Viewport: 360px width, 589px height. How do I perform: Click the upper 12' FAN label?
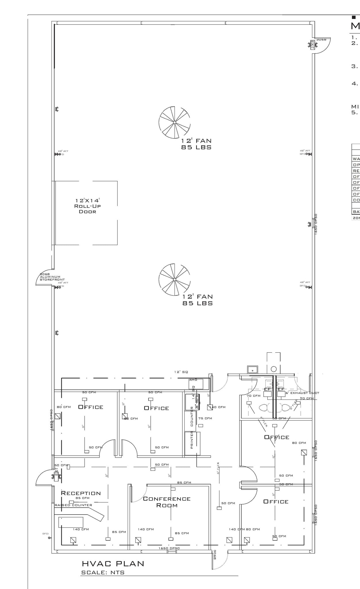click(x=196, y=141)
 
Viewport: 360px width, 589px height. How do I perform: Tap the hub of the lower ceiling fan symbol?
click(x=175, y=280)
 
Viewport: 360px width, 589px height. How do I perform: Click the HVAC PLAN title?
click(x=113, y=564)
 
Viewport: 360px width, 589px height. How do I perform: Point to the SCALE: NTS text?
click(x=103, y=573)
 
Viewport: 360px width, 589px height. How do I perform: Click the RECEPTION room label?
click(x=81, y=494)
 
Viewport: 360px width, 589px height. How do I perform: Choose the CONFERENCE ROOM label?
click(x=167, y=502)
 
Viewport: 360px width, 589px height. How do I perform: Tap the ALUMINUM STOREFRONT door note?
click(x=52, y=278)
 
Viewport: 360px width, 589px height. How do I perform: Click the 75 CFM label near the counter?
click(x=205, y=418)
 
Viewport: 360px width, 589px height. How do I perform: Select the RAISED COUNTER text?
click(x=74, y=505)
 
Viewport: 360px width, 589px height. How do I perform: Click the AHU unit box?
click(x=196, y=384)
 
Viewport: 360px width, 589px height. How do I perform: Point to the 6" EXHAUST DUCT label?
click(x=302, y=393)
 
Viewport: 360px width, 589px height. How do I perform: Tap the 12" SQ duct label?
click(x=181, y=372)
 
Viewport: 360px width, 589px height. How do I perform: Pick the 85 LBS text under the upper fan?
click(x=196, y=147)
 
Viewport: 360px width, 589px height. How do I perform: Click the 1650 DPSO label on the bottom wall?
click(x=169, y=548)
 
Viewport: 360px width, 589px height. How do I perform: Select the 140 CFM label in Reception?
click(x=81, y=529)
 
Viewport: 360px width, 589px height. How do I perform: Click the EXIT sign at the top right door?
click(x=312, y=45)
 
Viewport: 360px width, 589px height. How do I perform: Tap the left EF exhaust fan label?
click(x=267, y=389)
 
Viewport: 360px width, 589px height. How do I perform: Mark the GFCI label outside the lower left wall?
click(x=45, y=534)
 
